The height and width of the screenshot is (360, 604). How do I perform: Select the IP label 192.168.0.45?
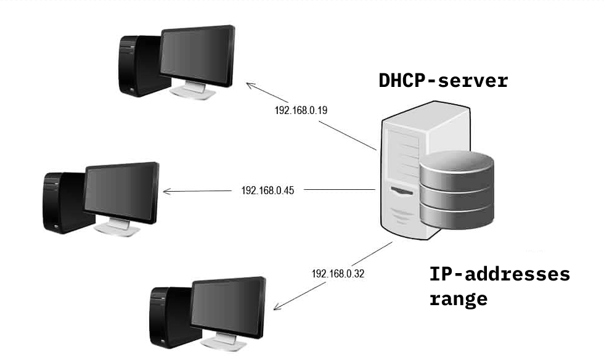point(267,190)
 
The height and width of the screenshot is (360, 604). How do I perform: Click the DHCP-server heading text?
point(443,81)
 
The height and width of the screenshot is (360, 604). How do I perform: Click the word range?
point(459,299)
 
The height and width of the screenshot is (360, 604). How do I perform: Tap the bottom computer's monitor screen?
point(229,303)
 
